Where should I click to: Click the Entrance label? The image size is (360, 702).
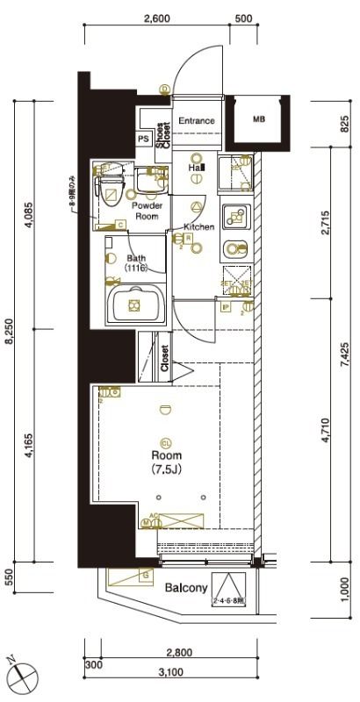[197, 121]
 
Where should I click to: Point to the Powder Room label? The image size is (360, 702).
[146, 211]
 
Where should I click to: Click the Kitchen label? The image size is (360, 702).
[198, 227]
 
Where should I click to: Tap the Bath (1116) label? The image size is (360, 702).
[135, 263]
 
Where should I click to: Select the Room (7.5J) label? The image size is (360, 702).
[166, 462]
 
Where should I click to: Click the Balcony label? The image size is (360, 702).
[185, 588]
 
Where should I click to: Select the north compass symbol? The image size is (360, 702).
[23, 675]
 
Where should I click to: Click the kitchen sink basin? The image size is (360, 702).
[233, 247]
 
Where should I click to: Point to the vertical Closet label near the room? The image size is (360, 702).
[164, 359]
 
